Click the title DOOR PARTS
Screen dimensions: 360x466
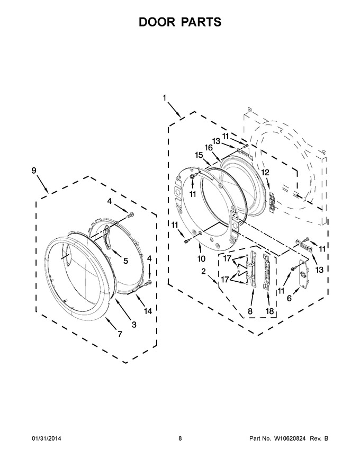[180, 22]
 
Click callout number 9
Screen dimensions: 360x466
[34, 171]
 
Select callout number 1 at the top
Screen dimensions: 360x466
[165, 97]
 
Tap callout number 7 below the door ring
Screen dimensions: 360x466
[120, 334]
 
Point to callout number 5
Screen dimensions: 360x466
[125, 261]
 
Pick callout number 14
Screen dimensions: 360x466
[148, 311]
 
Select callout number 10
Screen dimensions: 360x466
[201, 258]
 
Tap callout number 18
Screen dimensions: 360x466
[269, 311]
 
